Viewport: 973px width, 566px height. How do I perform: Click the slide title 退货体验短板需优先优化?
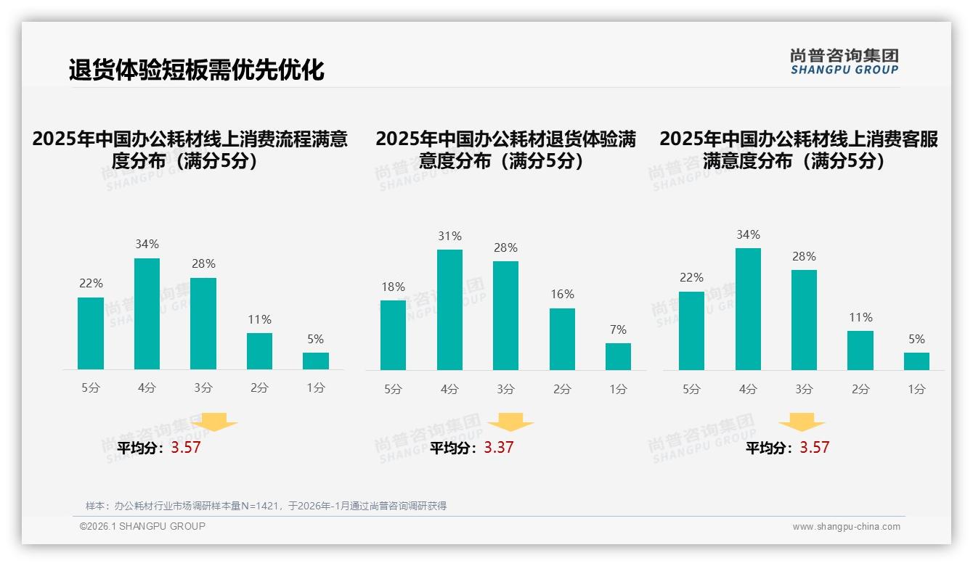coord(197,70)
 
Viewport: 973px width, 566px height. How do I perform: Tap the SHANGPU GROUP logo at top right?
coord(844,62)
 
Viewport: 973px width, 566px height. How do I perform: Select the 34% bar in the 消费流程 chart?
coord(147,313)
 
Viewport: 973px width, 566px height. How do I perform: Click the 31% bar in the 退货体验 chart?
coord(449,310)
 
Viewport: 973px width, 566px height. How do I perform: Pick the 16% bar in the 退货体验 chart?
coord(562,339)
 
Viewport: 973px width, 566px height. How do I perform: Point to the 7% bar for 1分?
coord(618,356)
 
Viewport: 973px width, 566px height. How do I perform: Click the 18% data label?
coord(393,287)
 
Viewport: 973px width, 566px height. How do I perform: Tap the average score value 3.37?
coord(498,448)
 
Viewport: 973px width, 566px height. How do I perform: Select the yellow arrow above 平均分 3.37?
coord(510,422)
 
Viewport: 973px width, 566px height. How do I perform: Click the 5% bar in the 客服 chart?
coord(916,361)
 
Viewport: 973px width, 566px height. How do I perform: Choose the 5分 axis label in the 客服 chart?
coord(691,389)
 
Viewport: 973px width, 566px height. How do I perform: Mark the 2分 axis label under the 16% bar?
coord(562,389)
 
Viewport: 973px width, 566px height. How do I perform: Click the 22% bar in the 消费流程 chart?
coord(91,333)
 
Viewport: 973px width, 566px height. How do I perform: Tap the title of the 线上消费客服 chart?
coord(798,149)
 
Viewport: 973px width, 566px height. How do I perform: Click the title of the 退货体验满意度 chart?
coord(505,149)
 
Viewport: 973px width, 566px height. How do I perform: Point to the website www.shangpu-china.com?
coord(846,527)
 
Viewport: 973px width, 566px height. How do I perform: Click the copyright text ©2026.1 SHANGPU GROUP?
coord(142,526)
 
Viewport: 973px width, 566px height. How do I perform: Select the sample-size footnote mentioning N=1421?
coord(266,506)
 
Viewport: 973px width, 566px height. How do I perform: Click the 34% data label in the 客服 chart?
coord(748,234)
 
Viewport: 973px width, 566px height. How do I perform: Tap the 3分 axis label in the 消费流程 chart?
coord(203,388)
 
